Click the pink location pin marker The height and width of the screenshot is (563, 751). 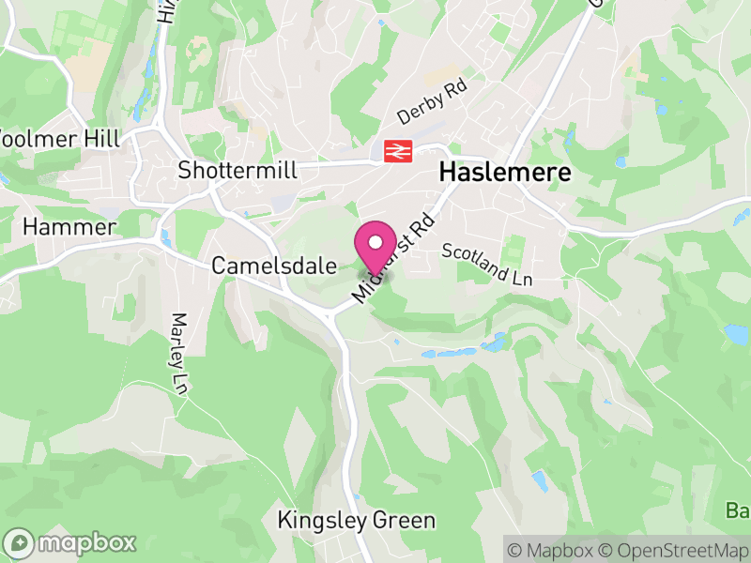(x=375, y=250)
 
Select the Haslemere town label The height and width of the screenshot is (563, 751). (x=504, y=173)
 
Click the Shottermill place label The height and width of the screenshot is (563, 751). (x=238, y=170)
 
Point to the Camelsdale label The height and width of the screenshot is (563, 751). (x=274, y=266)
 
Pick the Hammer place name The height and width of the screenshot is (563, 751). (x=69, y=227)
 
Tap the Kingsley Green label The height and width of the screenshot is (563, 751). (x=357, y=520)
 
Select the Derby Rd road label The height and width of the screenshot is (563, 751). (x=432, y=102)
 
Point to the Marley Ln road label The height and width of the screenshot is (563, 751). (x=178, y=353)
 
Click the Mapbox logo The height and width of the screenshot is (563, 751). (x=70, y=542)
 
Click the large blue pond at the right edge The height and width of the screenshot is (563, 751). (x=736, y=334)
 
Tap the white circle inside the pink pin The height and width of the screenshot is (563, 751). (x=375, y=242)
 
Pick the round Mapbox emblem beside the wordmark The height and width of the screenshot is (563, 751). (x=20, y=542)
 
